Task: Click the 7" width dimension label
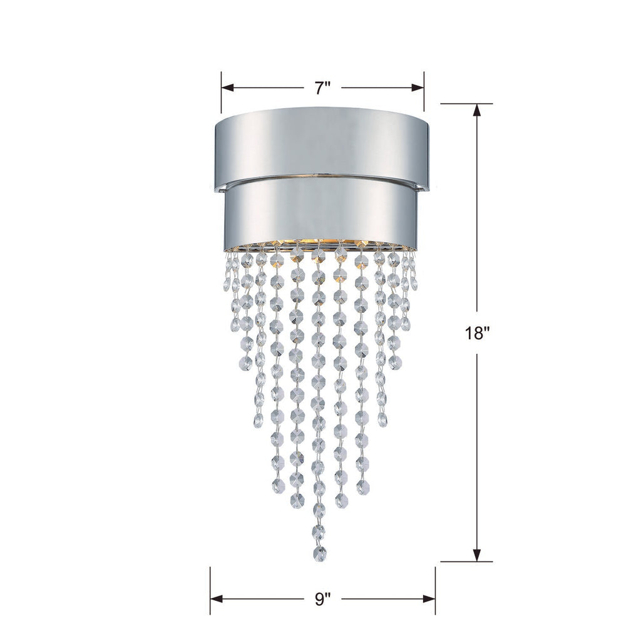(322, 88)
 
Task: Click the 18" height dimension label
(477, 333)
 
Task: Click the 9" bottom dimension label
(322, 600)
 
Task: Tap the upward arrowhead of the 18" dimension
(477, 110)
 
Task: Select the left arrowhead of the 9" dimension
(217, 599)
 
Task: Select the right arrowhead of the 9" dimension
(429, 599)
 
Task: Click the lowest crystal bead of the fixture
(320, 553)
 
